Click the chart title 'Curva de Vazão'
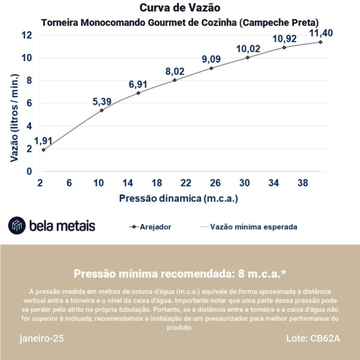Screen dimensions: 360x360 point(180,8)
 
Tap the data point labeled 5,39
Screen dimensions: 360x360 point(102,110)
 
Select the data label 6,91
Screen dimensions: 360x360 point(138,84)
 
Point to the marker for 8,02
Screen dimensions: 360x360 point(175,80)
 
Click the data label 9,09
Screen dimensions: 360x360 point(211,59)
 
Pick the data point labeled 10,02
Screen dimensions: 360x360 point(247,57)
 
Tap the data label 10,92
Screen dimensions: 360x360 point(284,39)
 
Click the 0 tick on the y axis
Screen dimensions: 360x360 point(29,171)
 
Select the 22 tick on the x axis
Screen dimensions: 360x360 point(186,183)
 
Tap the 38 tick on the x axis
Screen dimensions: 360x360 point(302,183)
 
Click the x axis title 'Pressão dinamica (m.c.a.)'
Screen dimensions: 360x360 point(178,198)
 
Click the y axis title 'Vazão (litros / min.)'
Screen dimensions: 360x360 point(14,118)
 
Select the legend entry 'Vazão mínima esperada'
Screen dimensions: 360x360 point(254,226)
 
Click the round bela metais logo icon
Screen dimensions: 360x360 point(17,225)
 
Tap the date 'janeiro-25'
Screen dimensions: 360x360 point(42,338)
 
